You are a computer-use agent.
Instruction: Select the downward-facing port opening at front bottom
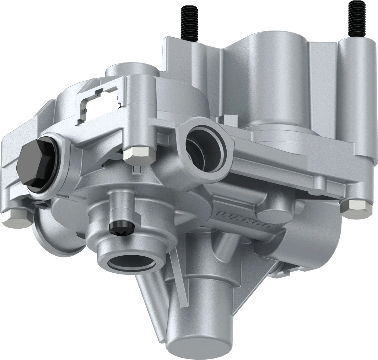click(x=131, y=263)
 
